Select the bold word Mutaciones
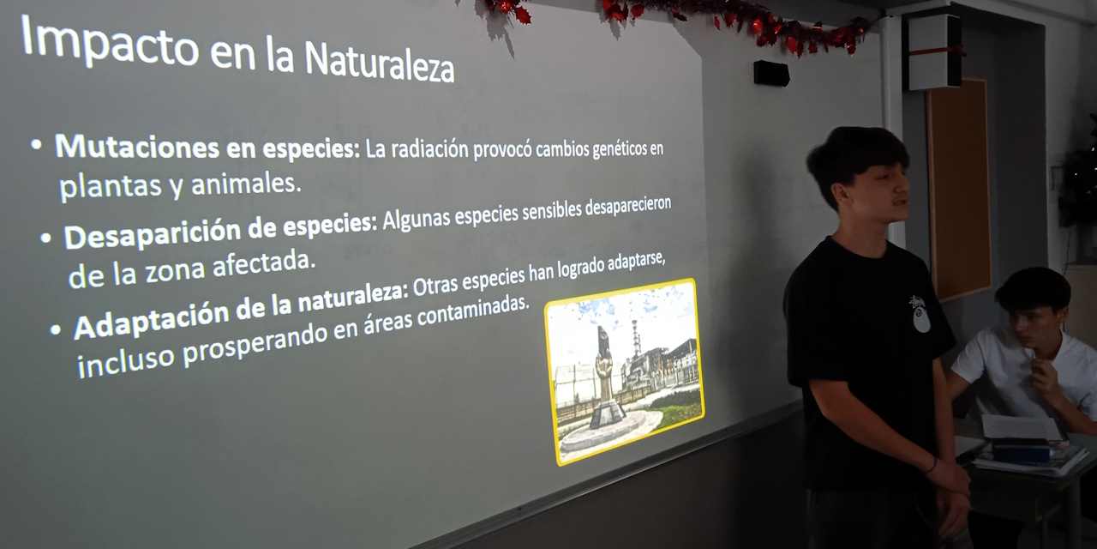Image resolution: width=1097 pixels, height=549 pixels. click(x=136, y=146)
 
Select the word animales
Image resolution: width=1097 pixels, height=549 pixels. click(x=246, y=184)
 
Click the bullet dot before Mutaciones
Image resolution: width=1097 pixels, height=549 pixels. click(x=36, y=144)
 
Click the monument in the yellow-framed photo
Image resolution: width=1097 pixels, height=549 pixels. click(x=605, y=383)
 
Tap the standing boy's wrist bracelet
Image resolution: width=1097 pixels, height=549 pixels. click(x=932, y=465)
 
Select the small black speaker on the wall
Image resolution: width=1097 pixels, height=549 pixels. click(x=771, y=73)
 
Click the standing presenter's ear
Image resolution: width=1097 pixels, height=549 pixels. click(x=842, y=195)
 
